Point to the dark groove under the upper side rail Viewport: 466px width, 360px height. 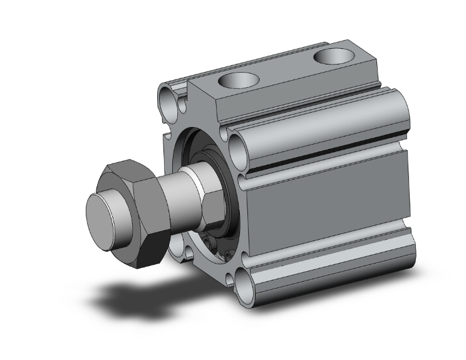[326, 164]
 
